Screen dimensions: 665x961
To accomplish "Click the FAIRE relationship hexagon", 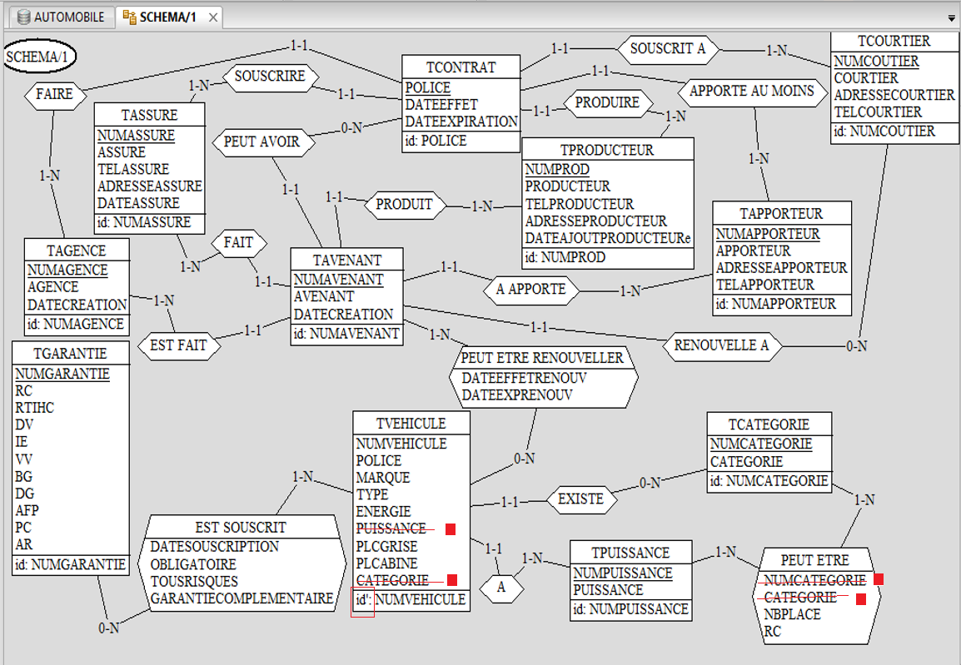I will tap(54, 94).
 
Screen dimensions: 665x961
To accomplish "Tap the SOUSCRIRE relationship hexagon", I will tap(269, 77).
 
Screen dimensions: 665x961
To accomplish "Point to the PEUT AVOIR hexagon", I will tap(261, 142).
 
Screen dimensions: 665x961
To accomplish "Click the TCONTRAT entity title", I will tap(461, 67).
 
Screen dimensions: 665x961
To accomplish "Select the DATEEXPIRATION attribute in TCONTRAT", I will tap(461, 122).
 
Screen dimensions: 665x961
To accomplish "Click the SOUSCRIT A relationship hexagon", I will tap(667, 48).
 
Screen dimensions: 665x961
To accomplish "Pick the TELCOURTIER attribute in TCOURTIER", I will tap(878, 112).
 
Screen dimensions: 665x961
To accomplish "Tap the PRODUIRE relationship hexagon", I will tap(607, 102).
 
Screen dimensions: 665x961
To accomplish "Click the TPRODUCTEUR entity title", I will tap(607, 150).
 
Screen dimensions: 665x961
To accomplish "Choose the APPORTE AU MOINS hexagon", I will tap(751, 91).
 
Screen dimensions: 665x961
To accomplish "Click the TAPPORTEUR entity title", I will tap(781, 214).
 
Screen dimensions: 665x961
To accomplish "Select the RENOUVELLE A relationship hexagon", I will tap(721, 345).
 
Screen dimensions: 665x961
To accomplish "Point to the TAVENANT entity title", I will tap(347, 260).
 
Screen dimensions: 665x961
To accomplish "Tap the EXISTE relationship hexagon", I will tap(581, 500).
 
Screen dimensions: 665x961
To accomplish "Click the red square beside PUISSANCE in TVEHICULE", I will tap(451, 529).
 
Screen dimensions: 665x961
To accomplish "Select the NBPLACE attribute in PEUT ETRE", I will tap(792, 614).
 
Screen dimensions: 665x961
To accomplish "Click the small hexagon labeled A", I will tap(501, 587).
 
